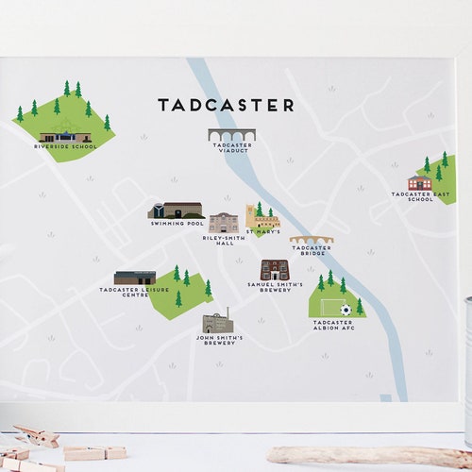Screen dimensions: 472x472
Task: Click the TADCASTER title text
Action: [226, 105]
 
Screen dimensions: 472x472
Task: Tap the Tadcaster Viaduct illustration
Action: [232, 134]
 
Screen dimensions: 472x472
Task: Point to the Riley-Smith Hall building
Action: [224, 223]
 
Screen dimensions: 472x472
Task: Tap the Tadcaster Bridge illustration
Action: [311, 240]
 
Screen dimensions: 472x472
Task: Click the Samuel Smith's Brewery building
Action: [274, 269]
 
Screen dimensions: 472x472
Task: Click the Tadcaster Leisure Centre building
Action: [135, 278]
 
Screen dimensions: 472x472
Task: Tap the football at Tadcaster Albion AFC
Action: [346, 310]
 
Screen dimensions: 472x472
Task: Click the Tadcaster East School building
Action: [419, 183]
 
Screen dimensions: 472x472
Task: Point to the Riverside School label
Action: [65, 147]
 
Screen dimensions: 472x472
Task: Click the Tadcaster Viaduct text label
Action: [232, 149]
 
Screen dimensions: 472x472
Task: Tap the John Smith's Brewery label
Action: [220, 340]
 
